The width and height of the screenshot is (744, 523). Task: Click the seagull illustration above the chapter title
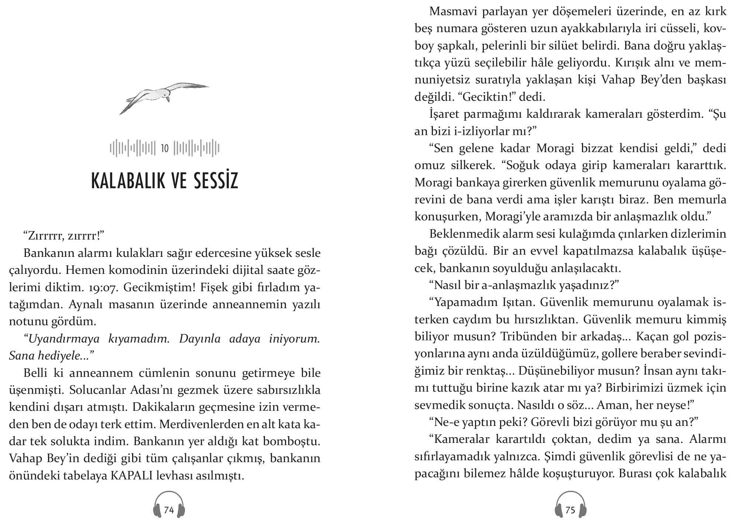point(164,97)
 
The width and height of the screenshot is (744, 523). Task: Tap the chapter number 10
point(165,148)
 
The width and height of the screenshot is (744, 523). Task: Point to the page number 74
point(169,510)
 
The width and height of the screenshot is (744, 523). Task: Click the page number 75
point(570,510)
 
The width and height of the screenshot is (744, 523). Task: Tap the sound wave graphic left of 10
point(132,148)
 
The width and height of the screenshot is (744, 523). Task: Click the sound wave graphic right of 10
point(197,148)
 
